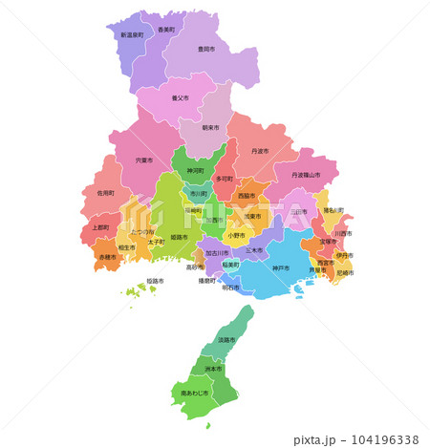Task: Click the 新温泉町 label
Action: tap(131, 34)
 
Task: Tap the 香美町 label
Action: tap(166, 30)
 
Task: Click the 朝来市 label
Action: tap(210, 127)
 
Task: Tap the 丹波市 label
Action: tap(260, 151)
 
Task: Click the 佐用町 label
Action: tap(105, 193)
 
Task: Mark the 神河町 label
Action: tap(196, 170)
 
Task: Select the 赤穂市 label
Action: tap(107, 257)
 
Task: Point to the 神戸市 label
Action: tap(280, 267)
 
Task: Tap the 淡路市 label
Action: tap(226, 340)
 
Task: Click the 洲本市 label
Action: tap(213, 368)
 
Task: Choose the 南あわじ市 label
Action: tap(194, 393)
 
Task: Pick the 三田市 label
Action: tap(298, 212)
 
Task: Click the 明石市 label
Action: tap(231, 287)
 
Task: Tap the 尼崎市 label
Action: tap(345, 273)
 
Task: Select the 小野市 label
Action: tap(235, 234)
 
